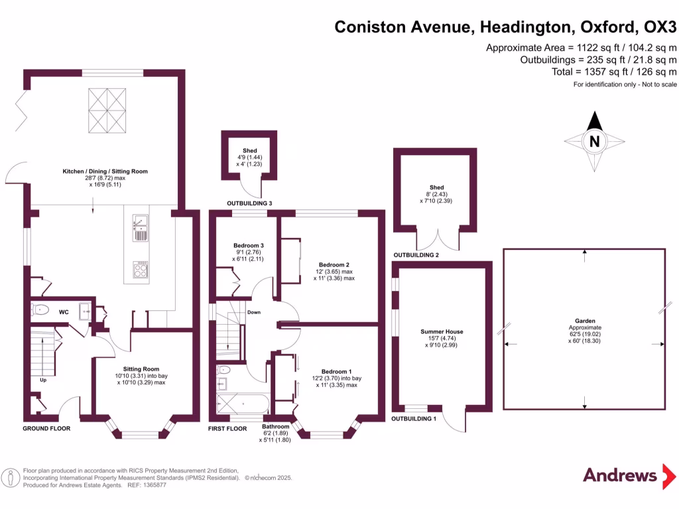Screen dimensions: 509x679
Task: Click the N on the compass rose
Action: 595,141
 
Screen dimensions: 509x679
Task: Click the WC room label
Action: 64,311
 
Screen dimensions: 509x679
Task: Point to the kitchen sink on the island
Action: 140,227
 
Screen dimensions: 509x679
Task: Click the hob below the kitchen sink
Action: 141,268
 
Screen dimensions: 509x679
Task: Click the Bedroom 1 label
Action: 336,371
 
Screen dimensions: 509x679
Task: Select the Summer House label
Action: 442,331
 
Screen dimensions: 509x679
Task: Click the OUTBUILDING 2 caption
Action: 416,254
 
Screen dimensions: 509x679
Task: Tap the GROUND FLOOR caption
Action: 46,428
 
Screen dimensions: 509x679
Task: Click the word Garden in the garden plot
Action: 584,321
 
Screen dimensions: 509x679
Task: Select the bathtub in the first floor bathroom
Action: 243,403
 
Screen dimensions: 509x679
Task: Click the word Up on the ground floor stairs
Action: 43,380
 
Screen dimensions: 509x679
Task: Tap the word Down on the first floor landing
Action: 253,311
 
